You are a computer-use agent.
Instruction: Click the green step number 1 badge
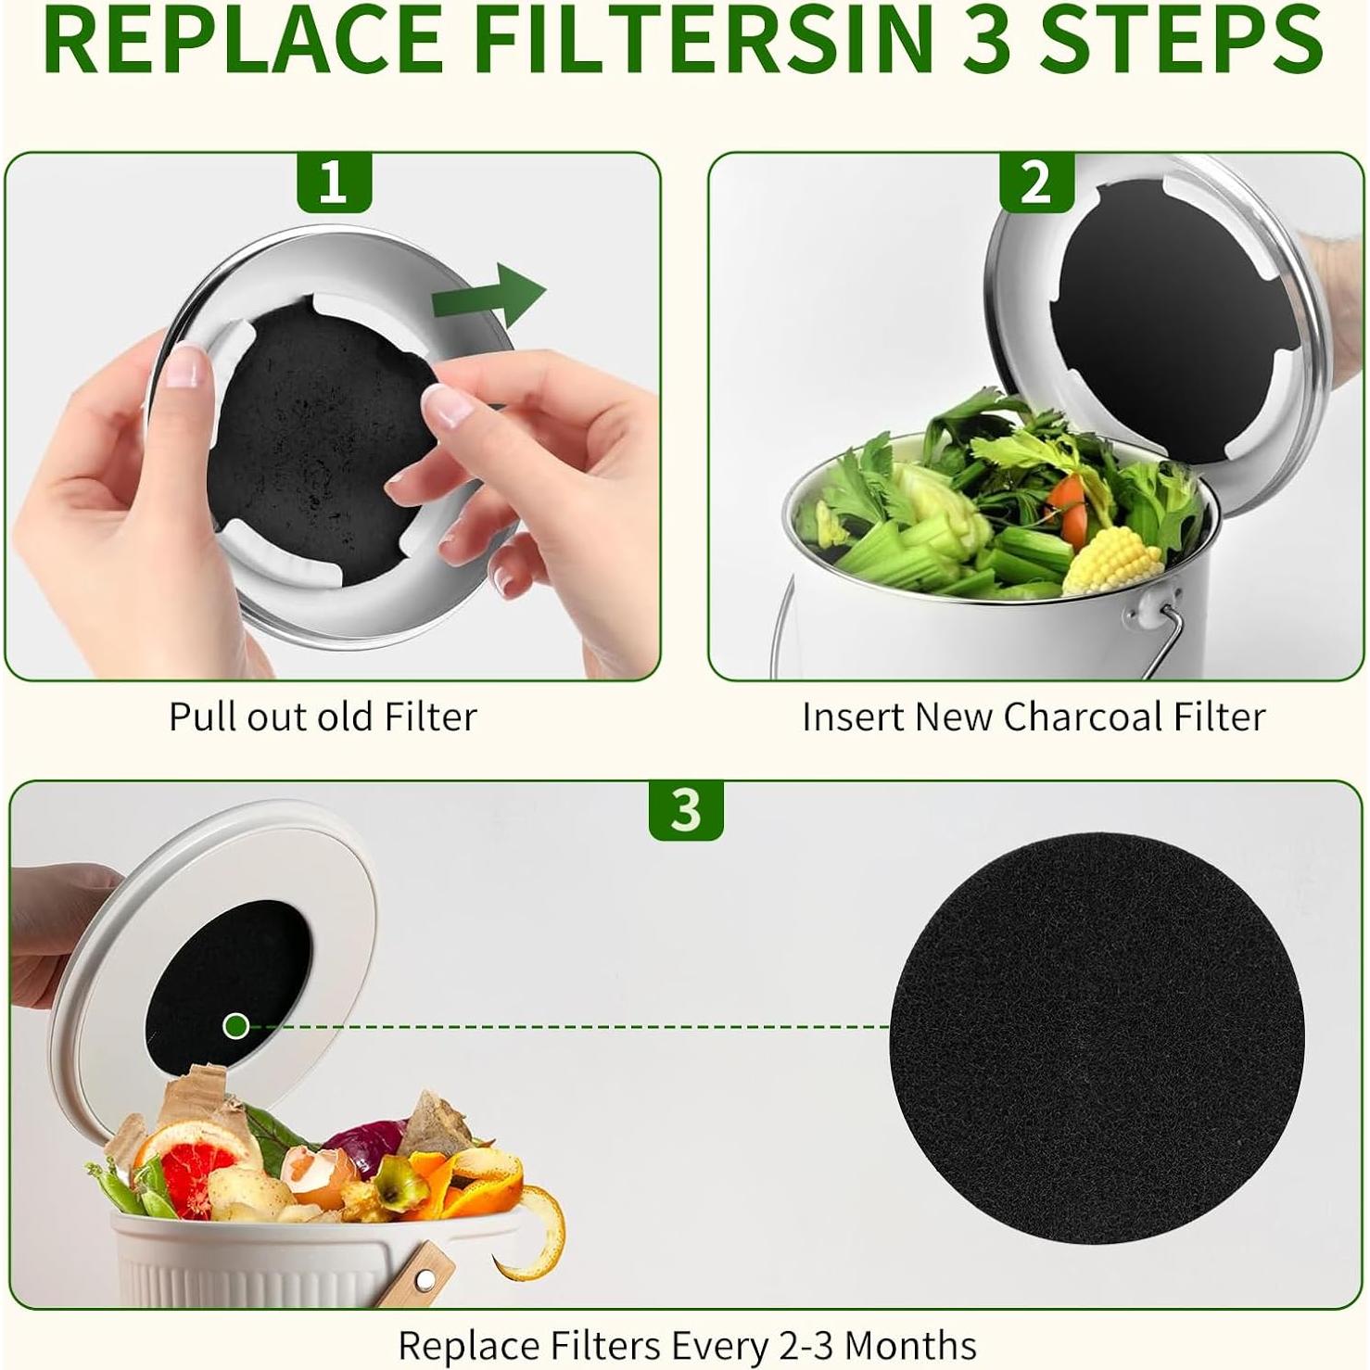333,183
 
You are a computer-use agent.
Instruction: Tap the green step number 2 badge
1036,183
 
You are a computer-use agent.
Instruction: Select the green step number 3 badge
685,810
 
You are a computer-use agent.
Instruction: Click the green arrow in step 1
489,294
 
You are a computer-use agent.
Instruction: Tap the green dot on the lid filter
236,1025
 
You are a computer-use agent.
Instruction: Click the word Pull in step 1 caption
201,717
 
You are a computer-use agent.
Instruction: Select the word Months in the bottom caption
910,1344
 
